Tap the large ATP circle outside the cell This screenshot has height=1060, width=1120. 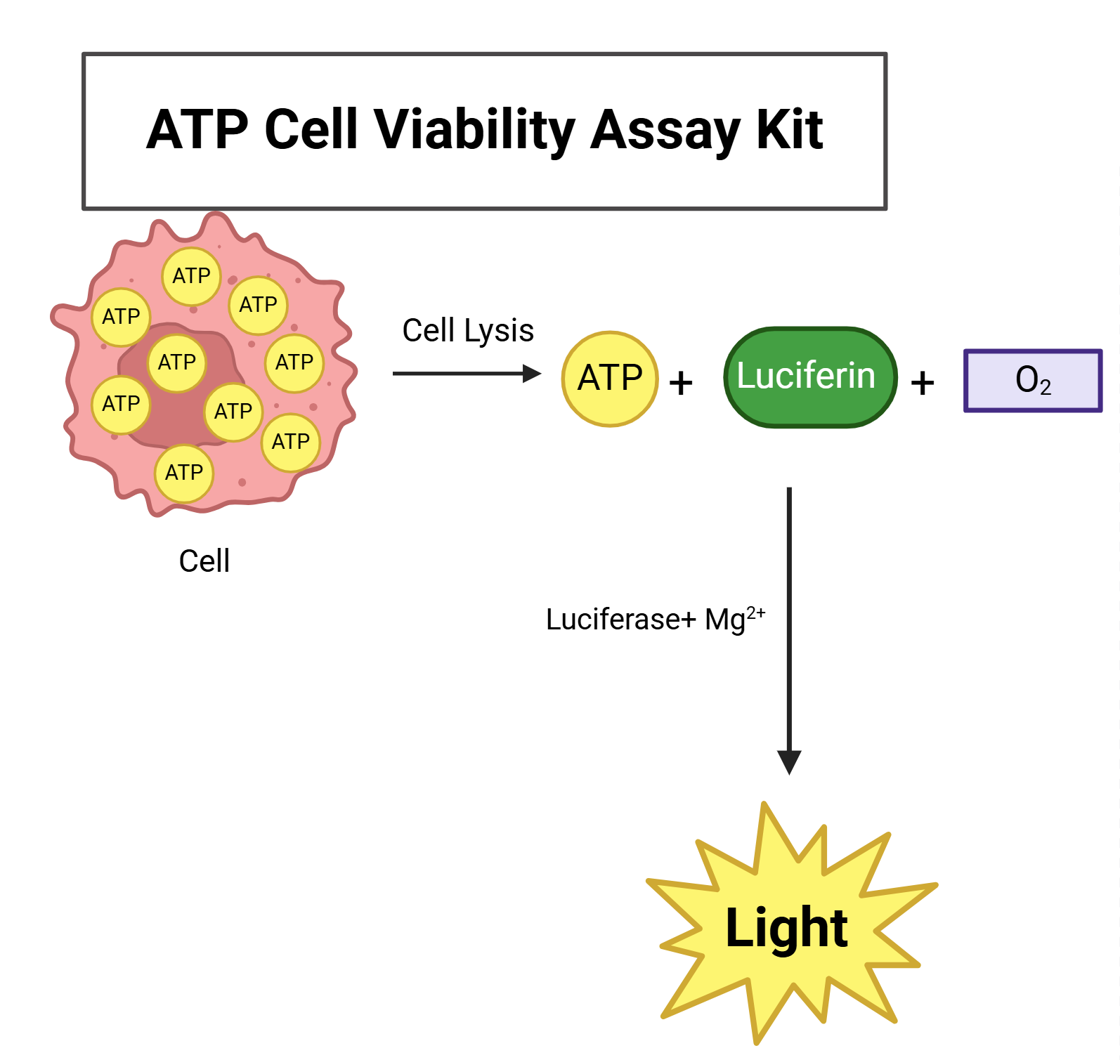610,379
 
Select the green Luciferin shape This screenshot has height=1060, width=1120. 809,377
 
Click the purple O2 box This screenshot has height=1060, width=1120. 1032,380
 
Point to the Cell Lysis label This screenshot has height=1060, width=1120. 468,330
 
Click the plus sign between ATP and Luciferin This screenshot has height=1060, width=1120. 680,384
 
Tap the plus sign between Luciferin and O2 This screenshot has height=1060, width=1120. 922,384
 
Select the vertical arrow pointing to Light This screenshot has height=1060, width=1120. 789,618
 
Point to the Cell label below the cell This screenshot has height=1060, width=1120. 204,561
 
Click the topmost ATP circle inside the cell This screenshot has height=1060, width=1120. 191,276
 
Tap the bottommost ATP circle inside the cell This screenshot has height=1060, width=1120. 184,473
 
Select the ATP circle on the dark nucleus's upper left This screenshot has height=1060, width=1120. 176,362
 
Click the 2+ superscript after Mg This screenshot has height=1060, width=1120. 756,613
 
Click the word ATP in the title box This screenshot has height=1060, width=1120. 197,130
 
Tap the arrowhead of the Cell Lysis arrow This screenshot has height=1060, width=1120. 532,374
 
